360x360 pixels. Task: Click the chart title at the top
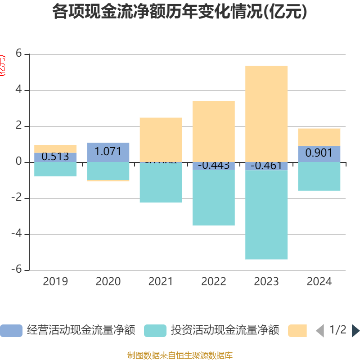[x=180, y=12]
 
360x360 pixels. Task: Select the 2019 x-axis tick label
[x=55, y=282]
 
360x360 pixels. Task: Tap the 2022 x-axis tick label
[x=214, y=282]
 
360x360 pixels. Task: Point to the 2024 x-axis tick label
[x=319, y=282]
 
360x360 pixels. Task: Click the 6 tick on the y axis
[x=19, y=53]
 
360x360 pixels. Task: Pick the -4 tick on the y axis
[x=17, y=234]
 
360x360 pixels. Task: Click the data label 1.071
[x=108, y=151]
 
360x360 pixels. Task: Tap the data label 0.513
[x=55, y=157]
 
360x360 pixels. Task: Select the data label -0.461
[x=266, y=166]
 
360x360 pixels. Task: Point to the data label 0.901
[x=319, y=153]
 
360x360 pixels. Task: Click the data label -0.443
[x=213, y=165]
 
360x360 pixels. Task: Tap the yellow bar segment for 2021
[x=161, y=139]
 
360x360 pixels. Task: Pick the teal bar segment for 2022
[x=213, y=198]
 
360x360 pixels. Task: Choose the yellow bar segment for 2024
[x=319, y=137]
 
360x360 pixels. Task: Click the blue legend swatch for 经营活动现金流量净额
[x=11, y=331]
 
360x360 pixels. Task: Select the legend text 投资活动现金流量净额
[x=225, y=330]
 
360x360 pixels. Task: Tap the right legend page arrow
[x=355, y=331]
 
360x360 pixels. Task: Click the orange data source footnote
[x=180, y=355]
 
